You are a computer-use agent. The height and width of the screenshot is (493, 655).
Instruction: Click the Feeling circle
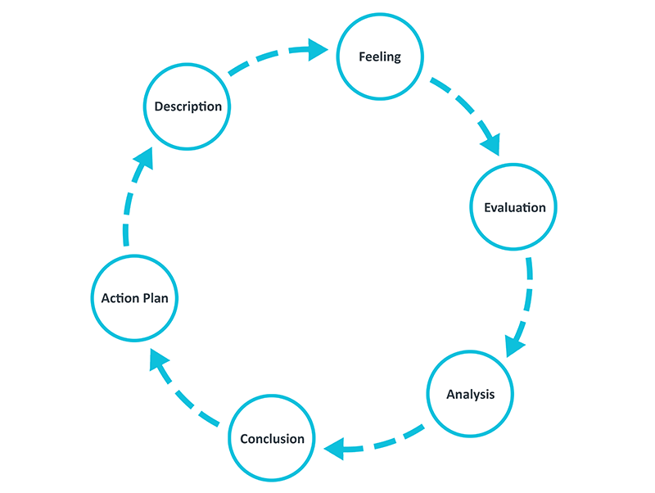click(x=380, y=57)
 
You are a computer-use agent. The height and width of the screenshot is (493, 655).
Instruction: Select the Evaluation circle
click(x=514, y=207)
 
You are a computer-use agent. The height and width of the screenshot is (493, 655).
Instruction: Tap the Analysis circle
click(x=471, y=394)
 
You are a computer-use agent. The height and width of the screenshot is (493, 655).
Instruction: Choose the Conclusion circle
click(x=272, y=439)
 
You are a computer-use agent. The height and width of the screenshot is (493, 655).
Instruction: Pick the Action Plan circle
click(x=134, y=298)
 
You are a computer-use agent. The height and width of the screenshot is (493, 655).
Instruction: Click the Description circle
click(x=187, y=106)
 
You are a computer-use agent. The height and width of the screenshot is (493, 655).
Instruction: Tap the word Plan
click(x=155, y=298)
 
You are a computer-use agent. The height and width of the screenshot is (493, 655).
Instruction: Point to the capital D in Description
click(x=159, y=106)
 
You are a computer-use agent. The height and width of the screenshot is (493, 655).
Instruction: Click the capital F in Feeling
click(x=362, y=57)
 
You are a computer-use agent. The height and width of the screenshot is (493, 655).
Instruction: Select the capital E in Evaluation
click(x=487, y=207)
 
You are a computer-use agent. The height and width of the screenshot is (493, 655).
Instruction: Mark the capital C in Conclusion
click(x=244, y=439)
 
